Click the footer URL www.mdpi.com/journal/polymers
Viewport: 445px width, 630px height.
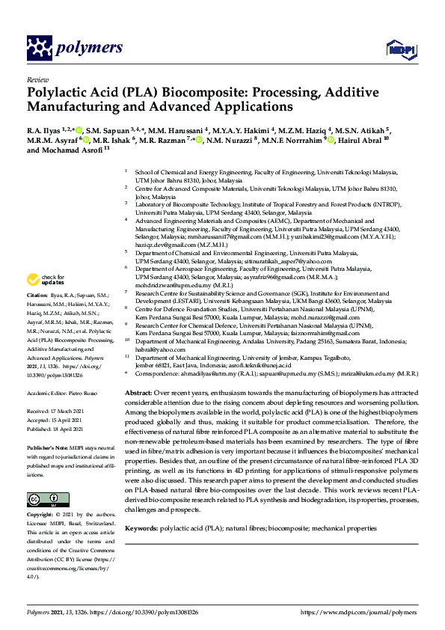coord(360,612)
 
